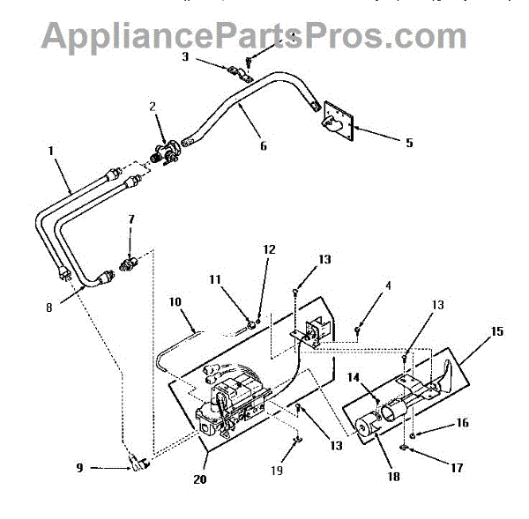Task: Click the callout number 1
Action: click(x=51, y=151)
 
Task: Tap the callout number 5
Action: click(x=408, y=141)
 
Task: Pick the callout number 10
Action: click(x=175, y=302)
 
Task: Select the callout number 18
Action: click(x=392, y=477)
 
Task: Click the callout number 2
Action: click(x=153, y=108)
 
